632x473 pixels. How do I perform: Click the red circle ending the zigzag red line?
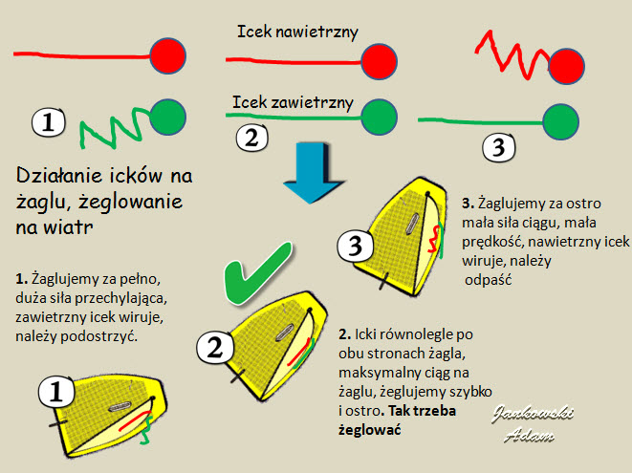[x=566, y=66]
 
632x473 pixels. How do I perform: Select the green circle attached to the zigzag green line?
[x=167, y=117]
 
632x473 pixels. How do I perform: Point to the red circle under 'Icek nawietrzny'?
[x=380, y=62]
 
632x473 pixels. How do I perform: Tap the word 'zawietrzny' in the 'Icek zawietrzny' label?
[x=313, y=102]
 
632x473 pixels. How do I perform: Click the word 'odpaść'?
[x=489, y=280]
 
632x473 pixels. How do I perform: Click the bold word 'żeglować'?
[x=370, y=429]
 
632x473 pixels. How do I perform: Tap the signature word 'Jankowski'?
[x=533, y=414]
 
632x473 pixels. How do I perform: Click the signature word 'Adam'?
[x=529, y=435]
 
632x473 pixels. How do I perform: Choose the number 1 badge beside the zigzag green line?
[x=49, y=121]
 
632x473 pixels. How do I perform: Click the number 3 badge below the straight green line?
[x=499, y=147]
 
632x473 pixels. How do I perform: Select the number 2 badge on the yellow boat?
[x=215, y=347]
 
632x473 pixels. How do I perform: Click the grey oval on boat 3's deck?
[x=412, y=224]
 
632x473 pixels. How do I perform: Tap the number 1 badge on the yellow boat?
[x=56, y=392]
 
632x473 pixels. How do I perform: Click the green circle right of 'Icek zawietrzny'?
[x=380, y=117]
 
